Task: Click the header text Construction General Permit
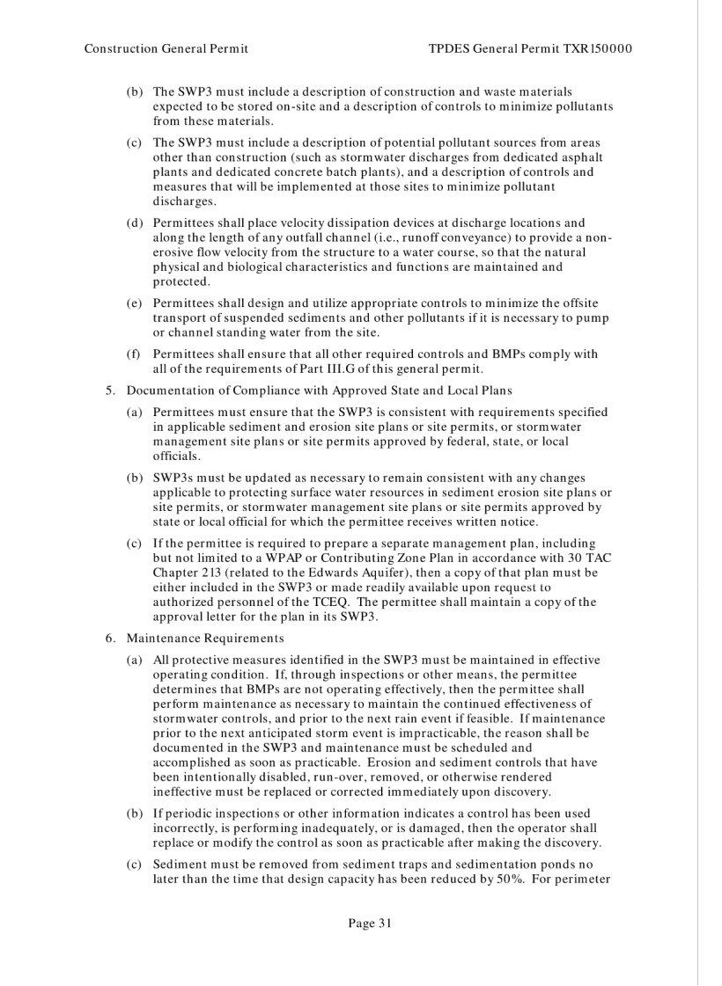[166, 48]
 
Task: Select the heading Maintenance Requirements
[206, 638]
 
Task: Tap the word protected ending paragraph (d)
[181, 281]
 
